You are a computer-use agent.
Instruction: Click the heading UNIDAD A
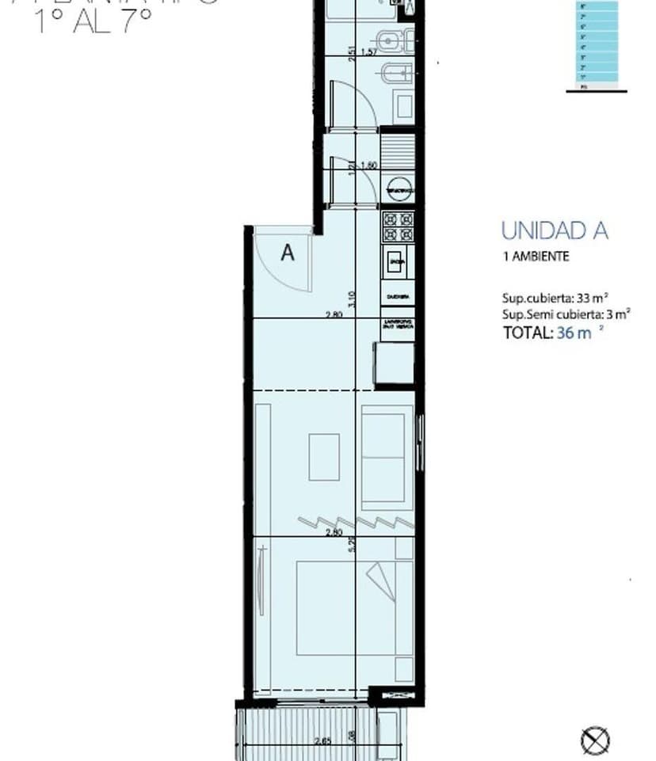[555, 230]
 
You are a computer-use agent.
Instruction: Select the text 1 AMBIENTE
[536, 257]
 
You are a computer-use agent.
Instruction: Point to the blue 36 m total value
[575, 333]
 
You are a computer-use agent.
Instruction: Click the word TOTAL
[527, 333]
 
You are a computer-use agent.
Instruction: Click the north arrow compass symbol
[594, 741]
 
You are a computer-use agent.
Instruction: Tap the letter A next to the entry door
[288, 253]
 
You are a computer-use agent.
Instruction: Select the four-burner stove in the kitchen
[398, 227]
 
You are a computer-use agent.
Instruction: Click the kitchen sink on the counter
[397, 261]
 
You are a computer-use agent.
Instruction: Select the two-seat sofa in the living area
[387, 457]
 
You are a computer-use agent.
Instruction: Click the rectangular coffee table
[323, 457]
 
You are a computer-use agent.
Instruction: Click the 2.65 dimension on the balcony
[322, 741]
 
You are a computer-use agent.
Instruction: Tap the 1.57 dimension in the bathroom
[368, 52]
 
